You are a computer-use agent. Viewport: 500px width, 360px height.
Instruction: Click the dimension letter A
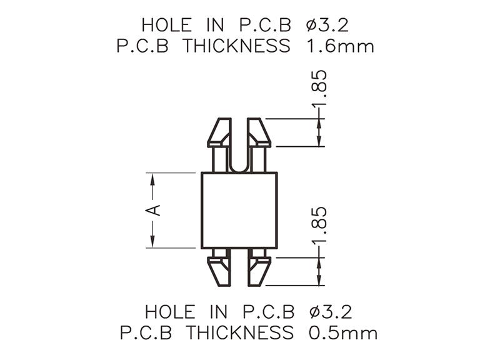point(152,211)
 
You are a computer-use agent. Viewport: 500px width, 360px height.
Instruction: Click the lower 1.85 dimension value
point(319,225)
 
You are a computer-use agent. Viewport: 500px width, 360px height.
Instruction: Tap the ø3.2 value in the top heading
point(327,25)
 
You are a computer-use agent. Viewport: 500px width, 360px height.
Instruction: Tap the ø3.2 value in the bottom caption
point(331,311)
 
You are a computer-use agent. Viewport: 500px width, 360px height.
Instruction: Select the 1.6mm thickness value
point(340,46)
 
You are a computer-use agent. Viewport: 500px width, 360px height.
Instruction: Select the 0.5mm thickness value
point(343,332)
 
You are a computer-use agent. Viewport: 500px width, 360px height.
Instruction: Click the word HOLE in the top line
point(166,25)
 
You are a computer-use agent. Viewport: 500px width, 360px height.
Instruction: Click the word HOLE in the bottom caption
point(170,311)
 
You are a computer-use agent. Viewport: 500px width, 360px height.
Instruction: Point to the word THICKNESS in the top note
point(236,46)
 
